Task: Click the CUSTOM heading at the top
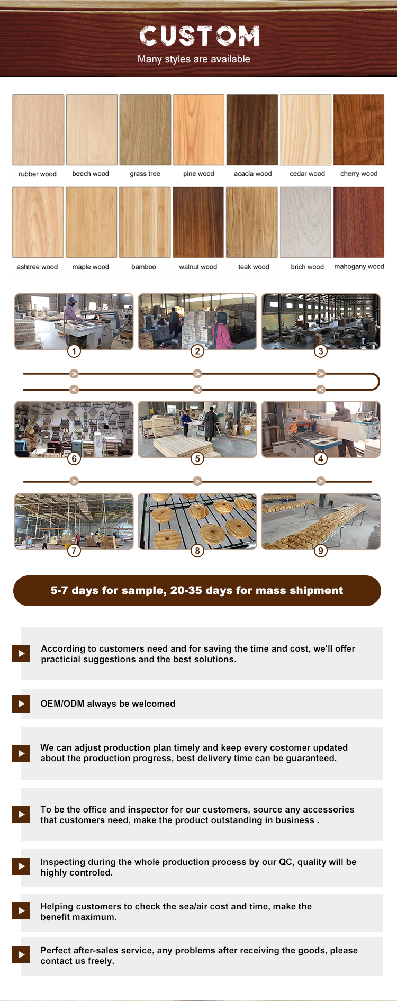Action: coord(200,36)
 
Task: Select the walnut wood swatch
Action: coord(198,222)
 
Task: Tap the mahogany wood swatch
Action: coord(359,222)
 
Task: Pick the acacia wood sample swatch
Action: coord(252,130)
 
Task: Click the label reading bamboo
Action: coord(143,267)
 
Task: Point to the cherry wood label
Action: coord(359,174)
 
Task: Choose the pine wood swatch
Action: coord(198,130)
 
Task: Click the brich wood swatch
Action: coord(305,222)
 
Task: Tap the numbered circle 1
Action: coord(74,351)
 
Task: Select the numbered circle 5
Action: coord(197,458)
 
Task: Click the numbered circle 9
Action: coord(321,551)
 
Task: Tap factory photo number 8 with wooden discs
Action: coord(197,521)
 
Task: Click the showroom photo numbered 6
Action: coord(74,429)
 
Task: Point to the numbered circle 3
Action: coord(321,351)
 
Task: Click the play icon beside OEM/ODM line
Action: coord(21,704)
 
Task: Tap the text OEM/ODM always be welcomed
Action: coord(108,704)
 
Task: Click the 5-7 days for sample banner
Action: coord(197,591)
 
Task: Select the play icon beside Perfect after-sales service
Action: coord(21,954)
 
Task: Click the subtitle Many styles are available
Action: coord(194,59)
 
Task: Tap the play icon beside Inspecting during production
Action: coord(21,866)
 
